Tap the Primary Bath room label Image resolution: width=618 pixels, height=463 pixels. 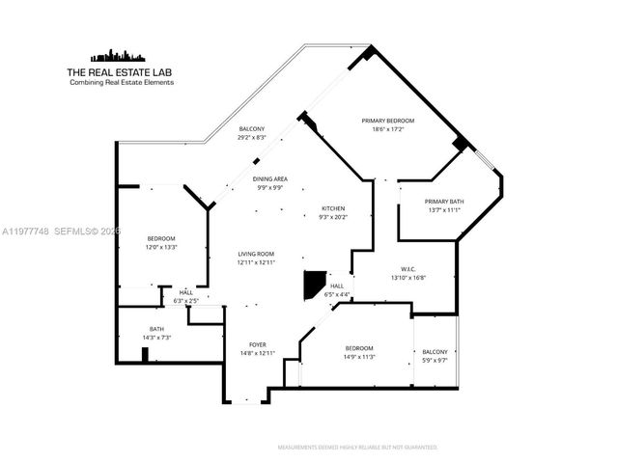[x=444, y=202]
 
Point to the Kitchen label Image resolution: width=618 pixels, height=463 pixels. [x=333, y=208]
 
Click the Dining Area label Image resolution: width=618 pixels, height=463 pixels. [x=269, y=179]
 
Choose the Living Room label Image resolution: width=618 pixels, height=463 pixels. [x=257, y=255]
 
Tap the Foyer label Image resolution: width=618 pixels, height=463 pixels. [x=257, y=344]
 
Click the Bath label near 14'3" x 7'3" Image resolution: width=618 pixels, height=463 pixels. [x=156, y=329]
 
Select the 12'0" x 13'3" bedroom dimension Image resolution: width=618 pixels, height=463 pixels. [x=161, y=246]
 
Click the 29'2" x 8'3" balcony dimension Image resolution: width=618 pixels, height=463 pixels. [x=252, y=138]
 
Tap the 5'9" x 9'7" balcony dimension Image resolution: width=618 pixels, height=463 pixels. [x=435, y=360]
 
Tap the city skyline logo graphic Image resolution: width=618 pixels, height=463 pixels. [x=121, y=55]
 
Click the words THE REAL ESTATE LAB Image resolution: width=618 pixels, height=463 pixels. [x=121, y=72]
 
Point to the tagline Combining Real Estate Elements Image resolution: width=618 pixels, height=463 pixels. [x=121, y=83]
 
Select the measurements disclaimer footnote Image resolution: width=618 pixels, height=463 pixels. [x=357, y=448]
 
